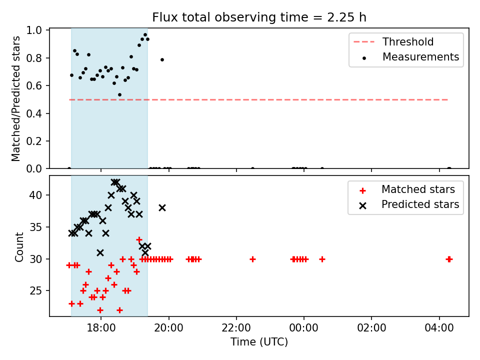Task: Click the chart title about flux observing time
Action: [259, 17]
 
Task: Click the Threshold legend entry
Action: [393, 41]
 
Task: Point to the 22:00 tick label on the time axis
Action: [236, 328]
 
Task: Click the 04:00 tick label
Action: [439, 328]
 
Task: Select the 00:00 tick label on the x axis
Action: [303, 328]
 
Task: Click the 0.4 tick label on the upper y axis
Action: [34, 113]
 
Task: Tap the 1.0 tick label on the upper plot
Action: [34, 30]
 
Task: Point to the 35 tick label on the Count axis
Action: [36, 227]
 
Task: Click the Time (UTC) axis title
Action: [259, 342]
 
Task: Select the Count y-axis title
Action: [19, 247]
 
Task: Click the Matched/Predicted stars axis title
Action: [16, 98]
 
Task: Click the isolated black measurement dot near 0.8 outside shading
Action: [162, 59]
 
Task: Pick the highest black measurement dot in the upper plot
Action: [145, 35]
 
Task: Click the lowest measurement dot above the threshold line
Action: [119, 95]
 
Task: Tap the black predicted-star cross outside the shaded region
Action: [162, 208]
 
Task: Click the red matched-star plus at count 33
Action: [139, 239]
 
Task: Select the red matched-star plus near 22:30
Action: [252, 259]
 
